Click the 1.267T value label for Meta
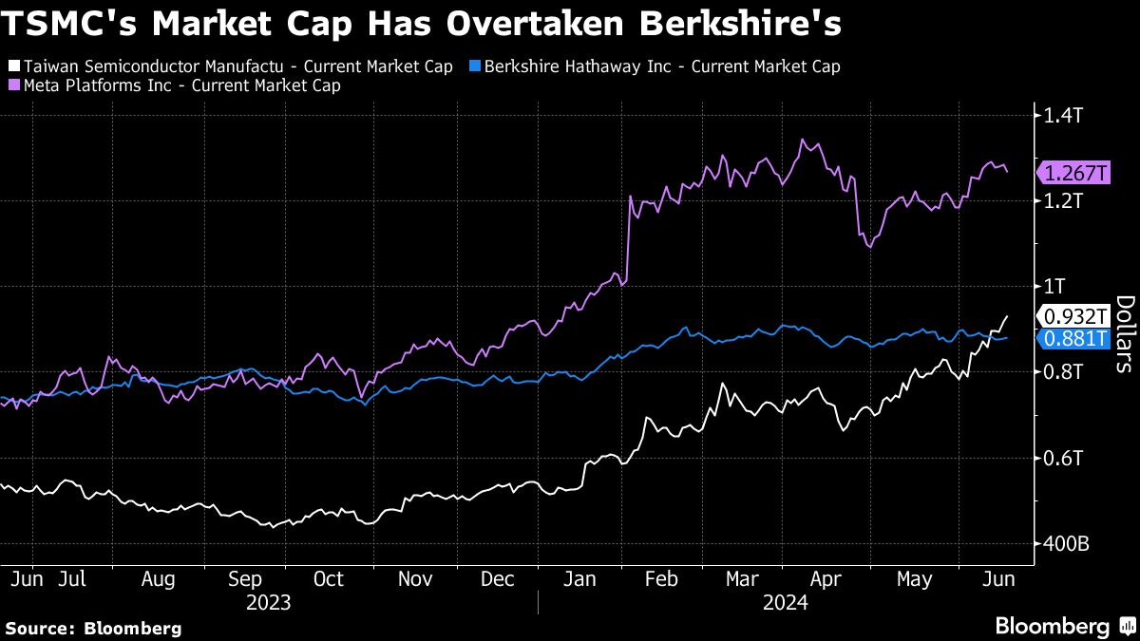coord(1076,173)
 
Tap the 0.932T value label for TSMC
coord(1076,316)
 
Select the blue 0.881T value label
coord(1076,338)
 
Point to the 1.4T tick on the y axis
coord(1065,116)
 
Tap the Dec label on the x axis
coord(497,579)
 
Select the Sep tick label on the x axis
coord(246,579)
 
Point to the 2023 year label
coord(268,602)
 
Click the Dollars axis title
coord(1125,332)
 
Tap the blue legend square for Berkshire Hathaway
coord(475,66)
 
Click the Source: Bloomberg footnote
coord(93,628)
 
